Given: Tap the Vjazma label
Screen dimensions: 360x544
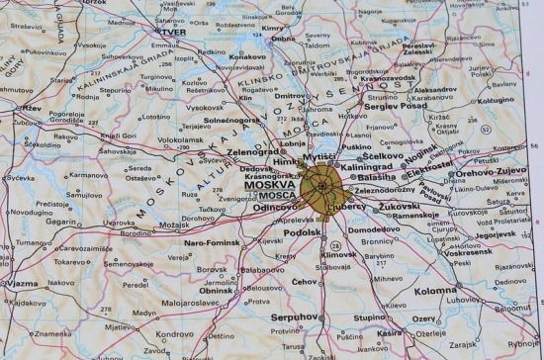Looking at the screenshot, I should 23,283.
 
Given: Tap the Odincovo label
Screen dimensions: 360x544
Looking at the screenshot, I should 271,208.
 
